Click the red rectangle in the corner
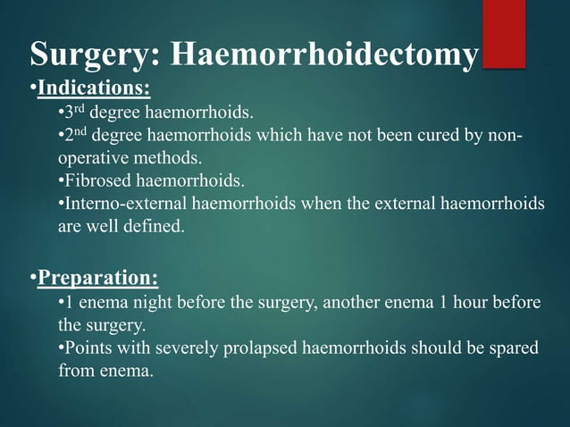(503, 33)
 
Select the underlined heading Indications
(94, 88)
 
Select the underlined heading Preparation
(97, 279)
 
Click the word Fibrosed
(97, 180)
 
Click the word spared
(513, 347)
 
